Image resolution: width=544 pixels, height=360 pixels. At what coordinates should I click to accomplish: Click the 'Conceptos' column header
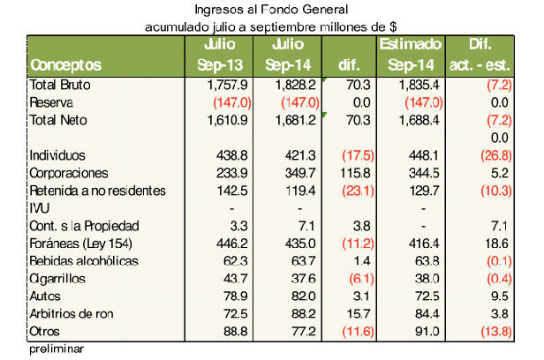coord(66,65)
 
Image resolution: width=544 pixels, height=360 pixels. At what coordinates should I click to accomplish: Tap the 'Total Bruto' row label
coord(60,85)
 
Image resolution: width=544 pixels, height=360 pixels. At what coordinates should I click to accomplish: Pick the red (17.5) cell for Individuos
coord(347,155)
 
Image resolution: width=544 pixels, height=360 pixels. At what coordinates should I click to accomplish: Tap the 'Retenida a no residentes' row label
coord(97,191)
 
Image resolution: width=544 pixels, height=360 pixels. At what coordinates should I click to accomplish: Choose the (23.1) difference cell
coord(347,191)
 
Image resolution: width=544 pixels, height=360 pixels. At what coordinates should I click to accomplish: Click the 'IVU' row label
coord(41,208)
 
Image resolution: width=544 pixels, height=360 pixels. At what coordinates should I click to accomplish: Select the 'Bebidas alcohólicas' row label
coord(85,260)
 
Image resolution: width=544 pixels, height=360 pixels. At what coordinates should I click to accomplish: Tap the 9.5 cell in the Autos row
coord(498,296)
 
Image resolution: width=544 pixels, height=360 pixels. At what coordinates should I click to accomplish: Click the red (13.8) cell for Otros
coord(493,331)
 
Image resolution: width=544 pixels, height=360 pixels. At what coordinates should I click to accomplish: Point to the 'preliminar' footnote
coord(56,348)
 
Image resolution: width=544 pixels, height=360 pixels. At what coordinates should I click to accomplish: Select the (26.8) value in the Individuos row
coord(493,155)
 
